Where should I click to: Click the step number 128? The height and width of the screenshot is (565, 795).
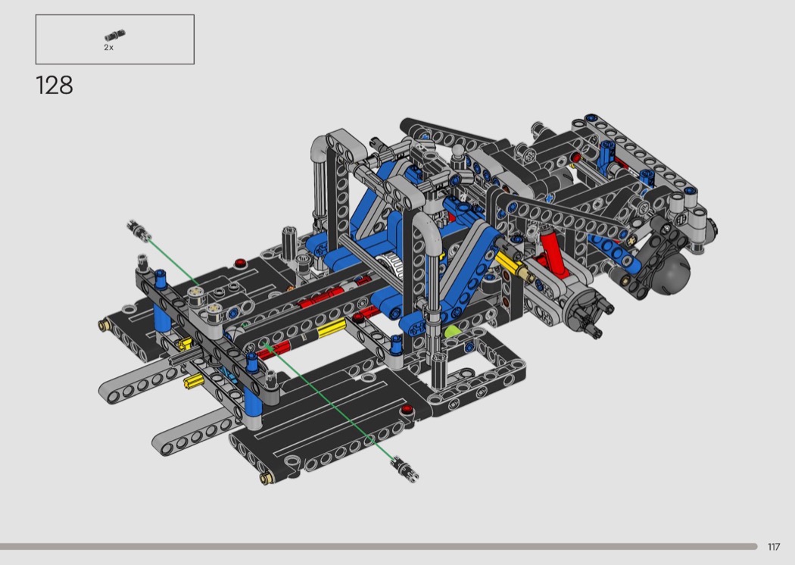pos(55,86)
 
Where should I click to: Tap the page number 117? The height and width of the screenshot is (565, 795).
pos(773,547)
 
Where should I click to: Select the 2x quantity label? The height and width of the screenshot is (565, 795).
pos(108,47)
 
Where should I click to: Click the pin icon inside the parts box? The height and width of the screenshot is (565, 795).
pos(115,36)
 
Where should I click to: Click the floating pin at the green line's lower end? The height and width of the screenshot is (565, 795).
pos(406,468)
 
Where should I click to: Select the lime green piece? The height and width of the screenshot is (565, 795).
pos(452,332)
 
